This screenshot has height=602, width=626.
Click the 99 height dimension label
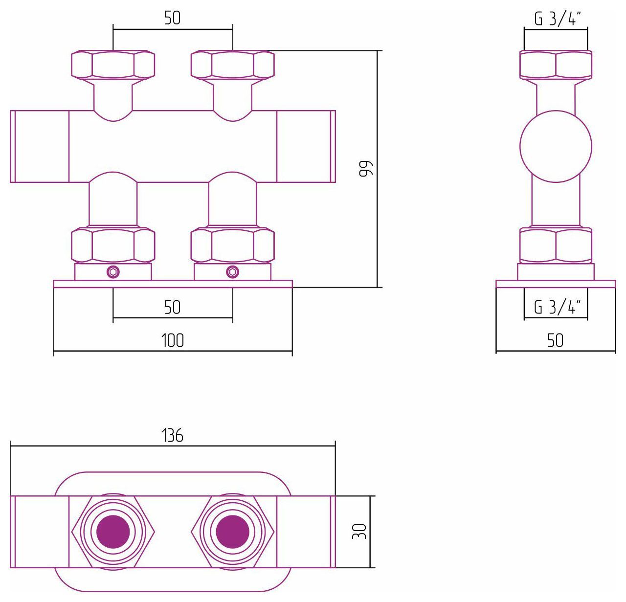pos(366,168)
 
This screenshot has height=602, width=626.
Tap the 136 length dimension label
pos(173,436)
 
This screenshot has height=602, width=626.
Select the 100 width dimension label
pos(173,340)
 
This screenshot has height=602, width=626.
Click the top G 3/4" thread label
pos(558,19)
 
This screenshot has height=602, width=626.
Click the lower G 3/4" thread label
pos(558,307)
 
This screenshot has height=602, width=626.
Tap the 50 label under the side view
pos(556,340)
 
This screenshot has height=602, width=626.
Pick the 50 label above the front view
pos(173,18)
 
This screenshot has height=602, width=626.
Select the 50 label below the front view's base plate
pos(173,307)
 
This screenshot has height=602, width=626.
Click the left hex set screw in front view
pos(113,272)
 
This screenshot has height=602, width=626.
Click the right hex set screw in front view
pos(232,272)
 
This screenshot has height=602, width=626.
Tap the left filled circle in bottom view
pos(113,532)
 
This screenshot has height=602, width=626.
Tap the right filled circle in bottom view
pos(232,532)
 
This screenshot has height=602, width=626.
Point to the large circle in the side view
pos(556,146)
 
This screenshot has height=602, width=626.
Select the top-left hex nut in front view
pos(113,65)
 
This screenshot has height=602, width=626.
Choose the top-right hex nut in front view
pos(233,65)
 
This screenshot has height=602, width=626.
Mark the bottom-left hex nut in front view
pos(113,245)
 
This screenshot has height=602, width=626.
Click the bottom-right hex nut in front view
pos(233,245)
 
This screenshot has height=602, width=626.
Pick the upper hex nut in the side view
pos(556,65)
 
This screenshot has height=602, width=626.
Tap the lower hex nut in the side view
pos(556,245)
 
